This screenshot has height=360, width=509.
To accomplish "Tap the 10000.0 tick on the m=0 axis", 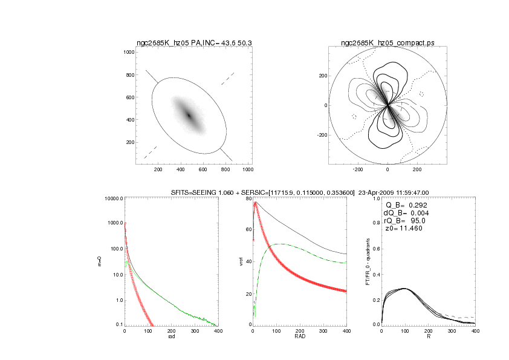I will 112,198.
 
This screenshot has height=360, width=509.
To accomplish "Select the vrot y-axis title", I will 240,261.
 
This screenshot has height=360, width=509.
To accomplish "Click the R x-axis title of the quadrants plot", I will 428,336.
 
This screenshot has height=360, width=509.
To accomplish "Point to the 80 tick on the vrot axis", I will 247,198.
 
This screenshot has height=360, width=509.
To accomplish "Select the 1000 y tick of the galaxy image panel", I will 128,53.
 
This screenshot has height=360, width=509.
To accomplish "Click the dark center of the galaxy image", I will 189,115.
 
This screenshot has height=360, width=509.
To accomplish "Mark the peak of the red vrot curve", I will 255,203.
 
